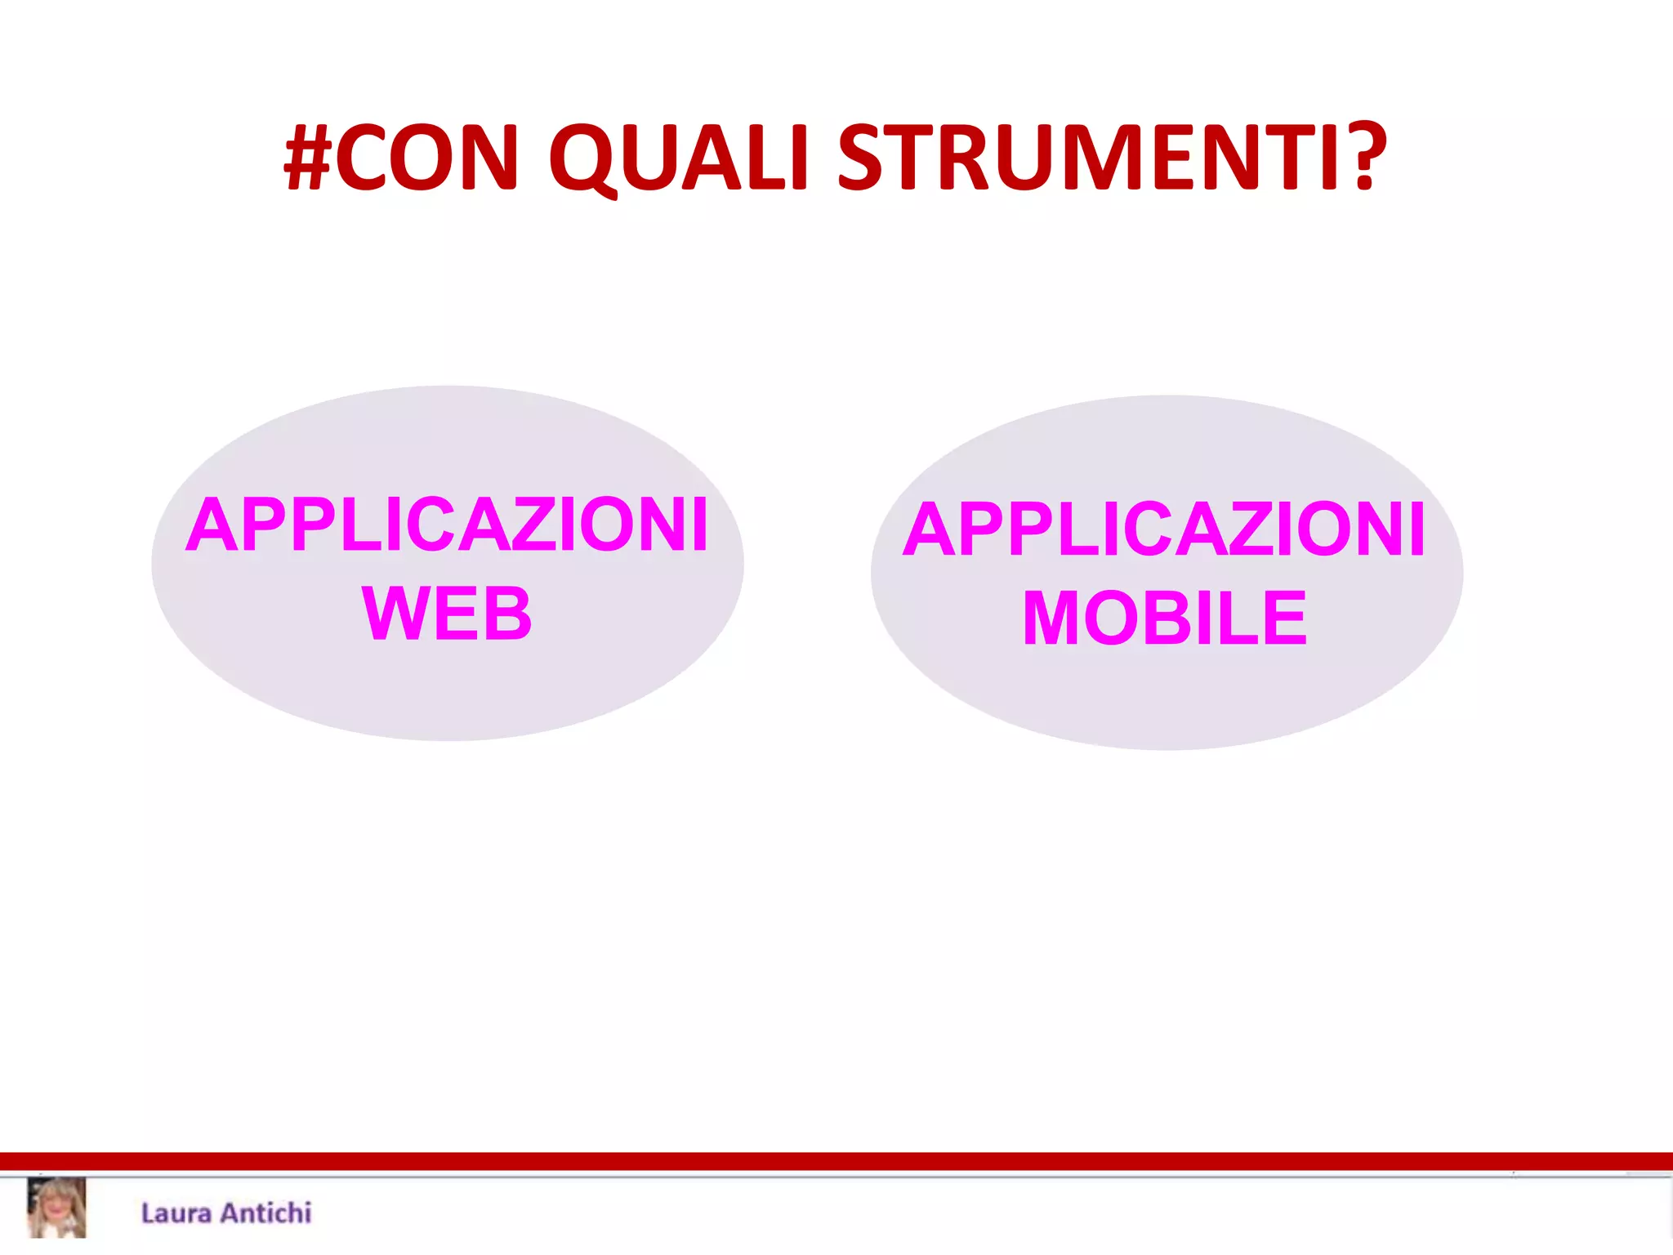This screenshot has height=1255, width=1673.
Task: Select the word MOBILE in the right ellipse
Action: pos(1165,619)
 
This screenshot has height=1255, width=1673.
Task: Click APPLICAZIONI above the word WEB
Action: pos(447,525)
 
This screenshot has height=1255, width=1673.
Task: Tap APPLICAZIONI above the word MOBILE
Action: pos(1164,530)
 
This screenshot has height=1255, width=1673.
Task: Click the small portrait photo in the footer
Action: pos(56,1208)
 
